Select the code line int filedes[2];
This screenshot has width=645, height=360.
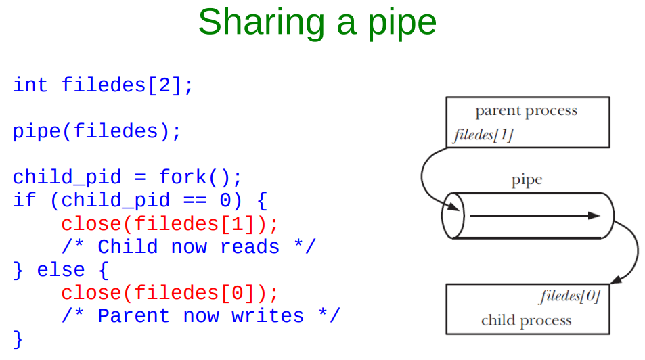[103, 85]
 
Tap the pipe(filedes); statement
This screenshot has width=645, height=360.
[97, 131]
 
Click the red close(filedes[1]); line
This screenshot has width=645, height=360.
[169, 223]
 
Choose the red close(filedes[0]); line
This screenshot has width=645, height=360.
[169, 293]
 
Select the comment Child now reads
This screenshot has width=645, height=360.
[188, 246]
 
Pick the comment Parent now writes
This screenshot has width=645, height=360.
[200, 316]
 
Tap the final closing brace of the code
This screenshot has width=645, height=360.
[18, 338]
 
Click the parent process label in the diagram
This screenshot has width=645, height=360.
[526, 111]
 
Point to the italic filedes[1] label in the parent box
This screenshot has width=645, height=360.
[483, 135]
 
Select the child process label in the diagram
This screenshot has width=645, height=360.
[526, 320]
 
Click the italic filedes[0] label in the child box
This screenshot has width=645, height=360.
[570, 296]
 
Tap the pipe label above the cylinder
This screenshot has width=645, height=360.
[527, 180]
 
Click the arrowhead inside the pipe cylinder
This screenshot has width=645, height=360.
[594, 216]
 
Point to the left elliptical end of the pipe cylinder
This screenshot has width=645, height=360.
[453, 216]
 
